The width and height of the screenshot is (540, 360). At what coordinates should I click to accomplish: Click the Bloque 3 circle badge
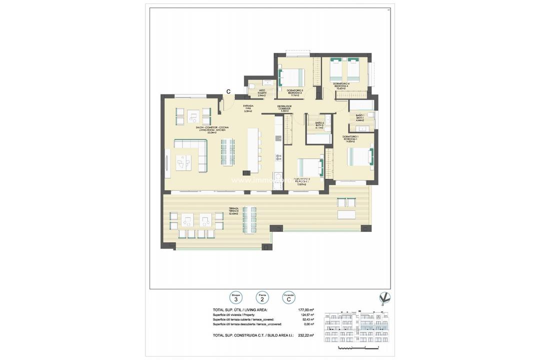point(235,297)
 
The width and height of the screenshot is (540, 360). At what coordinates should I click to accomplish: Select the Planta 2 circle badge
point(261,297)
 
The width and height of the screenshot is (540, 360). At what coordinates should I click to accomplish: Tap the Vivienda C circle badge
point(287,297)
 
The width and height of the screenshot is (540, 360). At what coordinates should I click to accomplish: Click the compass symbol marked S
point(384,298)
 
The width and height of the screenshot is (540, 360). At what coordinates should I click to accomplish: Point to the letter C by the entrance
point(228,91)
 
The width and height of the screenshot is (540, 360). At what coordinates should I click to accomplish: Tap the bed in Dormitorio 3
point(292,77)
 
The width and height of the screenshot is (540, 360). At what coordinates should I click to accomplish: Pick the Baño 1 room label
point(359,117)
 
